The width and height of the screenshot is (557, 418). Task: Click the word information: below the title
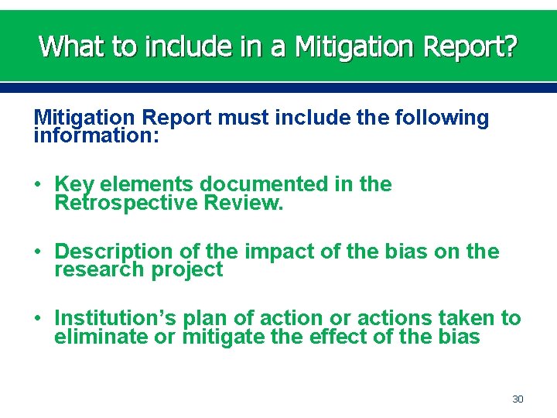point(97,135)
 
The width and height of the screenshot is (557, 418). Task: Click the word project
point(187,270)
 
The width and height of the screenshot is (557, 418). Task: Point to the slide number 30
point(518,399)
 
